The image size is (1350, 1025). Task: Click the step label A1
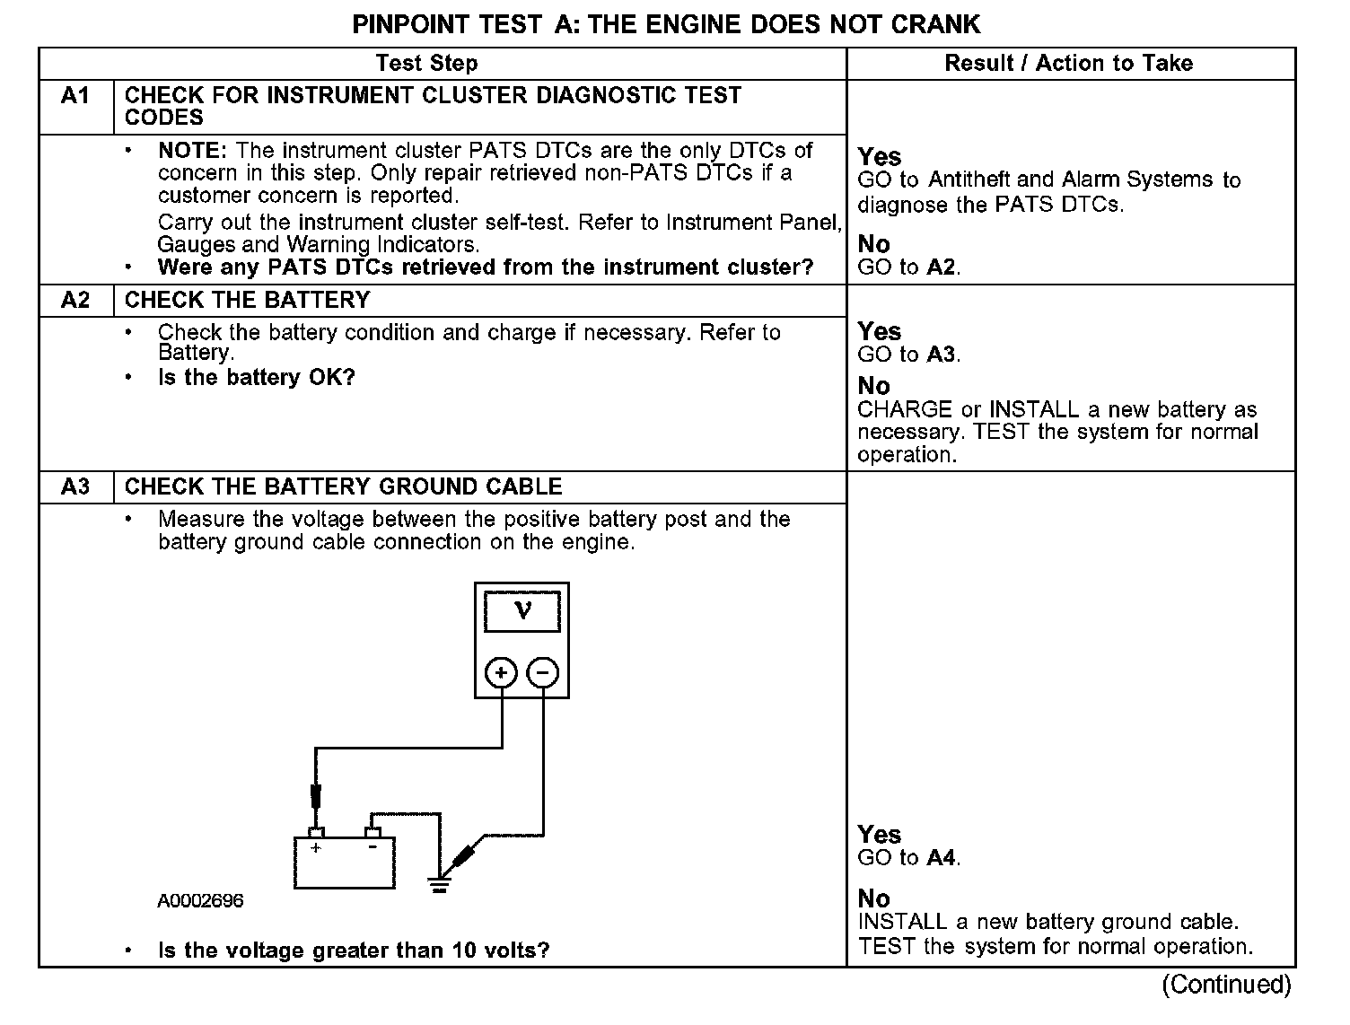tap(75, 95)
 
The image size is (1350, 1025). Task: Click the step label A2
tap(75, 300)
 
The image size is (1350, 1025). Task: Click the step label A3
tap(75, 486)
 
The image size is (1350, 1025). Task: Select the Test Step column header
tap(426, 63)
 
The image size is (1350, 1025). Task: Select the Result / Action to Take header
tap(1068, 63)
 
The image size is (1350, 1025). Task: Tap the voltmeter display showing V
tap(522, 611)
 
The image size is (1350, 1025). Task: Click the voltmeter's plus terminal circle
tap(501, 672)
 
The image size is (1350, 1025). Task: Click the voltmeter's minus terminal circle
tap(542, 672)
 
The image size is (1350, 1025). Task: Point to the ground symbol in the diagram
tap(439, 884)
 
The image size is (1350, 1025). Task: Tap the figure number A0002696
tap(201, 901)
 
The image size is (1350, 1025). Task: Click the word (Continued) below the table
tap(1226, 985)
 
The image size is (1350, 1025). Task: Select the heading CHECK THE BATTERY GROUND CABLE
tap(343, 486)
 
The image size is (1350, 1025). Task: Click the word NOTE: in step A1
tap(193, 151)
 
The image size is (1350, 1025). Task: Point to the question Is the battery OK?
tap(257, 377)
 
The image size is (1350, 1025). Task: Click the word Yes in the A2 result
tap(879, 331)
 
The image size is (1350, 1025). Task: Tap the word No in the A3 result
tap(873, 898)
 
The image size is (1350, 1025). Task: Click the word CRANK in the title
tap(935, 24)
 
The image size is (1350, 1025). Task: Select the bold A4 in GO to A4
tap(940, 858)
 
